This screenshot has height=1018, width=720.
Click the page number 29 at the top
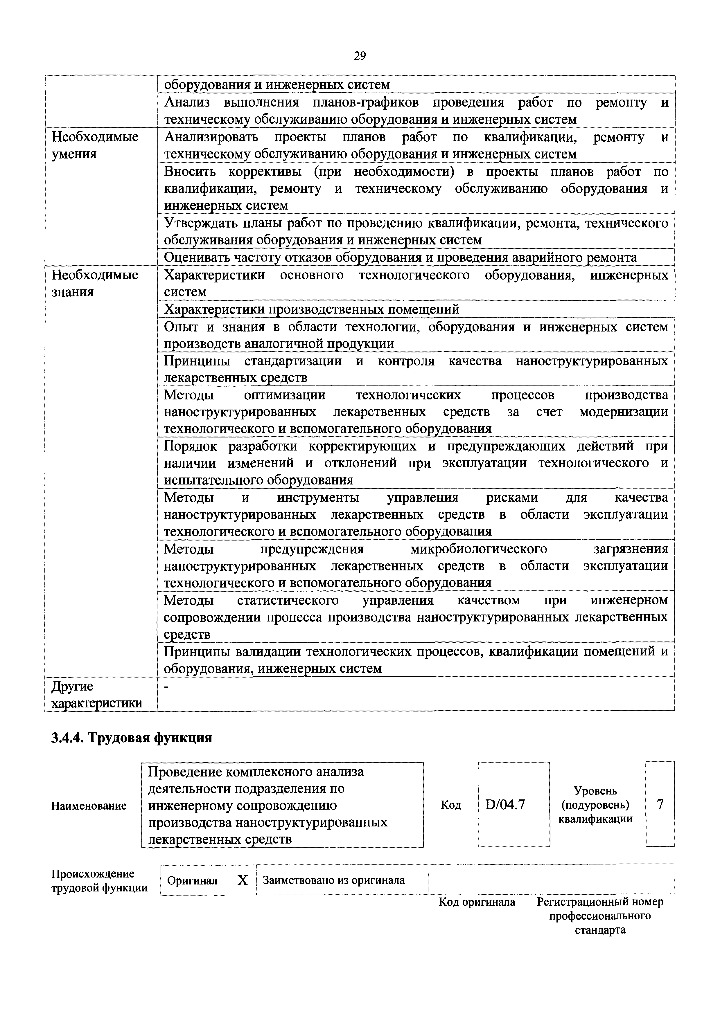pos(360,56)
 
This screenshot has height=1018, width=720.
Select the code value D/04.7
pos(505,804)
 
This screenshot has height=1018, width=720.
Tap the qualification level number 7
pos(660,804)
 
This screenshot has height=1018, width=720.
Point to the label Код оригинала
pos(477,902)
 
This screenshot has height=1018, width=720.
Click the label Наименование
pos(89,806)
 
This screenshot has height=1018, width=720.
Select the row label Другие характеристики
pos(97,695)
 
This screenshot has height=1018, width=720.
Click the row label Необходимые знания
pos(94,283)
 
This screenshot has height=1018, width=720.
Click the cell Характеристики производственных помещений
pos(311,309)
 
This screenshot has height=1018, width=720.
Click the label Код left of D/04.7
pos(451,805)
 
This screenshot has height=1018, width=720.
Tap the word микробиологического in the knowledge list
pos(479,549)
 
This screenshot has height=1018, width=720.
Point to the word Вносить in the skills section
pos(189,172)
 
